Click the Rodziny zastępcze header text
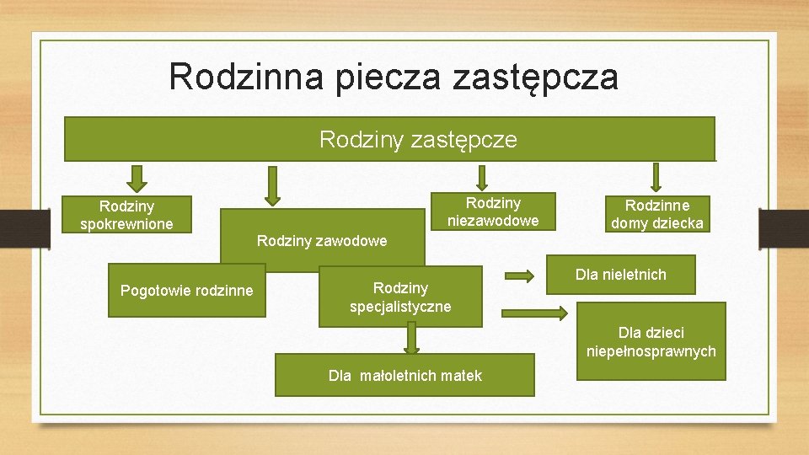(418, 139)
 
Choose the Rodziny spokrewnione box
(126, 215)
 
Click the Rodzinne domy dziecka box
(657, 214)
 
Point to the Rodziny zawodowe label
(322, 241)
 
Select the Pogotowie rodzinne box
(186, 291)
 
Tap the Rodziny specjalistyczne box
(400, 297)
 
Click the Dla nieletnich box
(621, 275)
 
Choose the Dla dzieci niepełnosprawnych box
(651, 341)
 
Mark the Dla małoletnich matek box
(404, 376)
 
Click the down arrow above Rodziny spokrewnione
(137, 177)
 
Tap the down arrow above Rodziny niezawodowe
(482, 177)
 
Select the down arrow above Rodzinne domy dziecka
(657, 177)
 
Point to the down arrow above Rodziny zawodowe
(271, 185)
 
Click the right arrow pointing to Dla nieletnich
(520, 276)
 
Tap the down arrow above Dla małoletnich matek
(410, 339)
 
